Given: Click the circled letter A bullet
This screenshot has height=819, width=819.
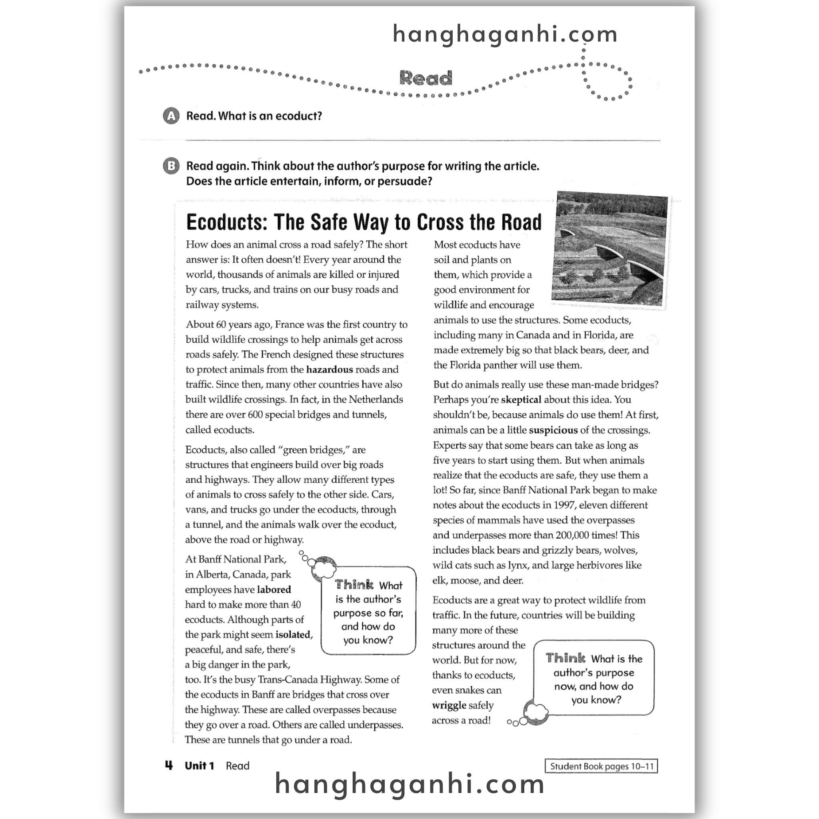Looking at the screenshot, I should coord(171,116).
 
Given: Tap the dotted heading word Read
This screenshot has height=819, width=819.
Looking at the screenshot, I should coord(425,78).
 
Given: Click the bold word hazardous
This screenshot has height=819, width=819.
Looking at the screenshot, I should coord(330,370).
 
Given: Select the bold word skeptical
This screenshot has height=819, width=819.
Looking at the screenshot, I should coord(521,400).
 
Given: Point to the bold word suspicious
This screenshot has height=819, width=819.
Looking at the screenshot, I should coord(553,430).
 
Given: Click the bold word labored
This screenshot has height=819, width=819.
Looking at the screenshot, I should coord(274,590).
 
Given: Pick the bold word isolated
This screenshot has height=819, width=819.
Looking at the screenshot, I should coord(293,635).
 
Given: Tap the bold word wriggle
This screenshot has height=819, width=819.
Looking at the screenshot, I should coord(449,705).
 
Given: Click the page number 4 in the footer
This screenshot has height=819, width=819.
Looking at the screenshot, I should coord(169,765).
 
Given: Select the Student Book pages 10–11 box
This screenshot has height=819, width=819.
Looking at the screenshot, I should coord(601,767).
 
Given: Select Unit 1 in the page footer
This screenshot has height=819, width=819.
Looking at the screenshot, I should coord(199,766).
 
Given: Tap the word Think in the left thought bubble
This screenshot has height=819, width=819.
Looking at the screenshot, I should coord(354,585).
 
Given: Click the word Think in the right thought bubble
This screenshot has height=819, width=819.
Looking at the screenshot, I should coord(565,658).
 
